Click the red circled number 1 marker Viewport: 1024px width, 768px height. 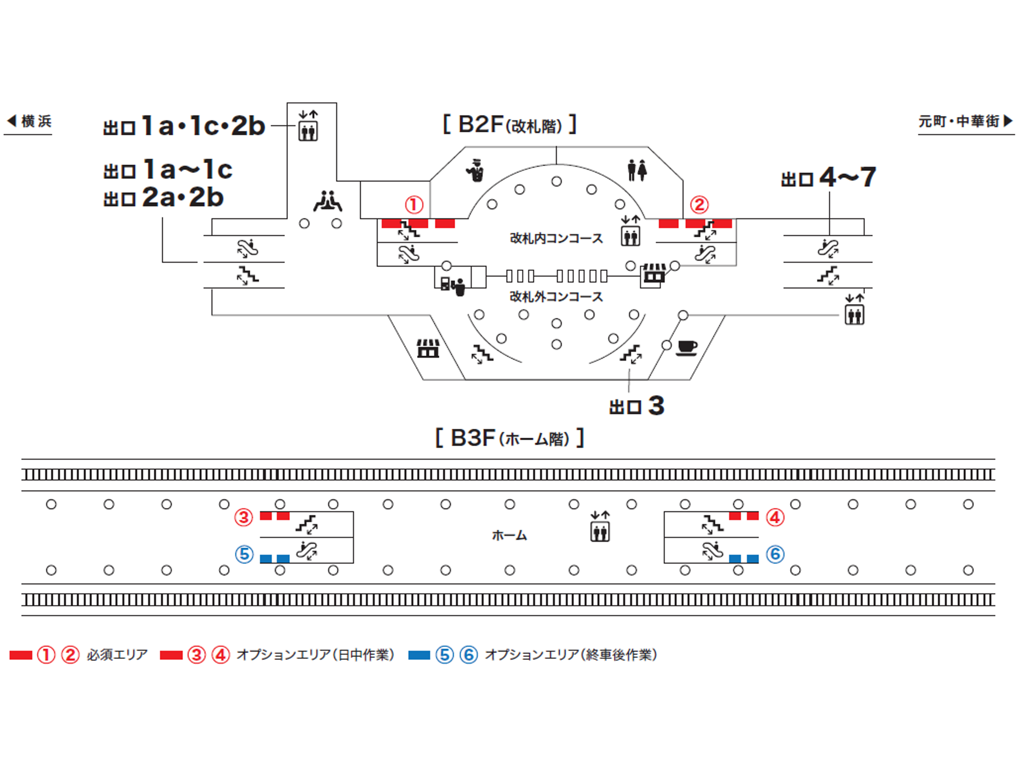(414, 205)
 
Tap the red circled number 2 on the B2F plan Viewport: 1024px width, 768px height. (699, 205)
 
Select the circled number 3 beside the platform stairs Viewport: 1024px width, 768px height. (243, 517)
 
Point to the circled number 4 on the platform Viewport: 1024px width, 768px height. (775, 517)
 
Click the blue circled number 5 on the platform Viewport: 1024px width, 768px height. (244, 554)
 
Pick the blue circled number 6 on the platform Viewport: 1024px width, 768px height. (775, 554)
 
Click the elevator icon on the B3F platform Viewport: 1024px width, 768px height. (600, 527)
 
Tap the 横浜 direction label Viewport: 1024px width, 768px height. (30, 121)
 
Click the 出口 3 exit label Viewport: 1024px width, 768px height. (637, 406)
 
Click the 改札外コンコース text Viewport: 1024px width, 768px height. (556, 296)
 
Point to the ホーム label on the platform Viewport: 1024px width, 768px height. (509, 536)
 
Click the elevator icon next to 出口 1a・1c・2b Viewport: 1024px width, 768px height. (308, 126)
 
